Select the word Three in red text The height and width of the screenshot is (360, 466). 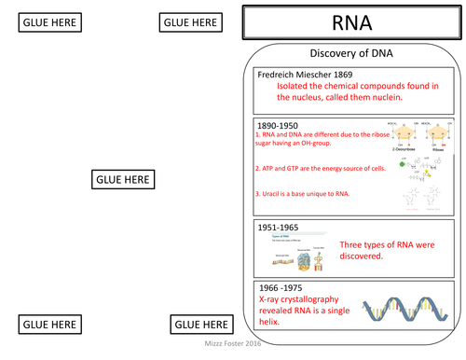(356, 242)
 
